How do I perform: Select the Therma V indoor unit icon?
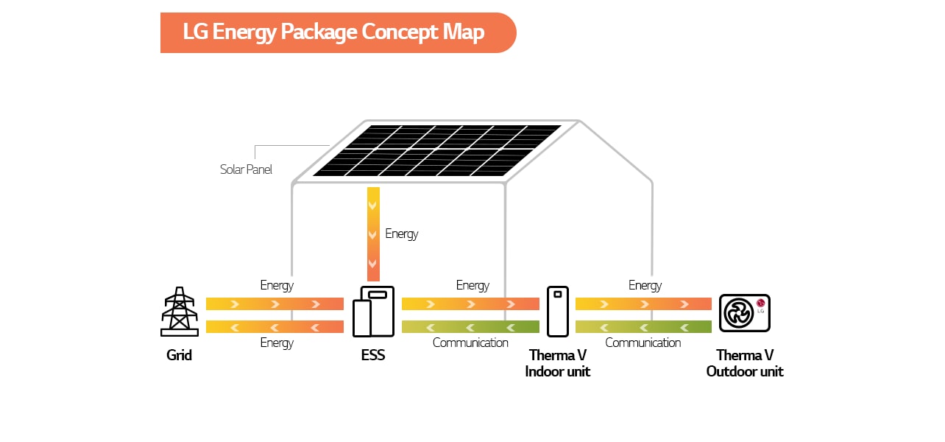[x=558, y=311]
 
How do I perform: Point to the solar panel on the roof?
[x=437, y=150]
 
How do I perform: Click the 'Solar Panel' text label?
[x=246, y=169]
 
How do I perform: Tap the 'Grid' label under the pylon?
[x=179, y=355]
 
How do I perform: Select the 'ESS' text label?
[x=373, y=355]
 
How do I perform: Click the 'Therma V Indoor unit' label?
[x=558, y=363]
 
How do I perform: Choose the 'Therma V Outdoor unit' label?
[x=745, y=363]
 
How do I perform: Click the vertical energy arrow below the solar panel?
[x=373, y=234]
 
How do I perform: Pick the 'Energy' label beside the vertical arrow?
[x=402, y=234]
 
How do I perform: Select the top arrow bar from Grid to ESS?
[x=275, y=304]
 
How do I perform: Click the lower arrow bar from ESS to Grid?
[x=275, y=327]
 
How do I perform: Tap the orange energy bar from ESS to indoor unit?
[x=470, y=304]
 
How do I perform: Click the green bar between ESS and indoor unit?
[x=470, y=327]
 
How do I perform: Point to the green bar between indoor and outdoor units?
[x=643, y=327]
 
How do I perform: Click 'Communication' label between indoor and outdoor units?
[x=643, y=343]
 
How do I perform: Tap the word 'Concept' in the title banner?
[x=397, y=32]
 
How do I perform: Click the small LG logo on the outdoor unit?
[x=760, y=303]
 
